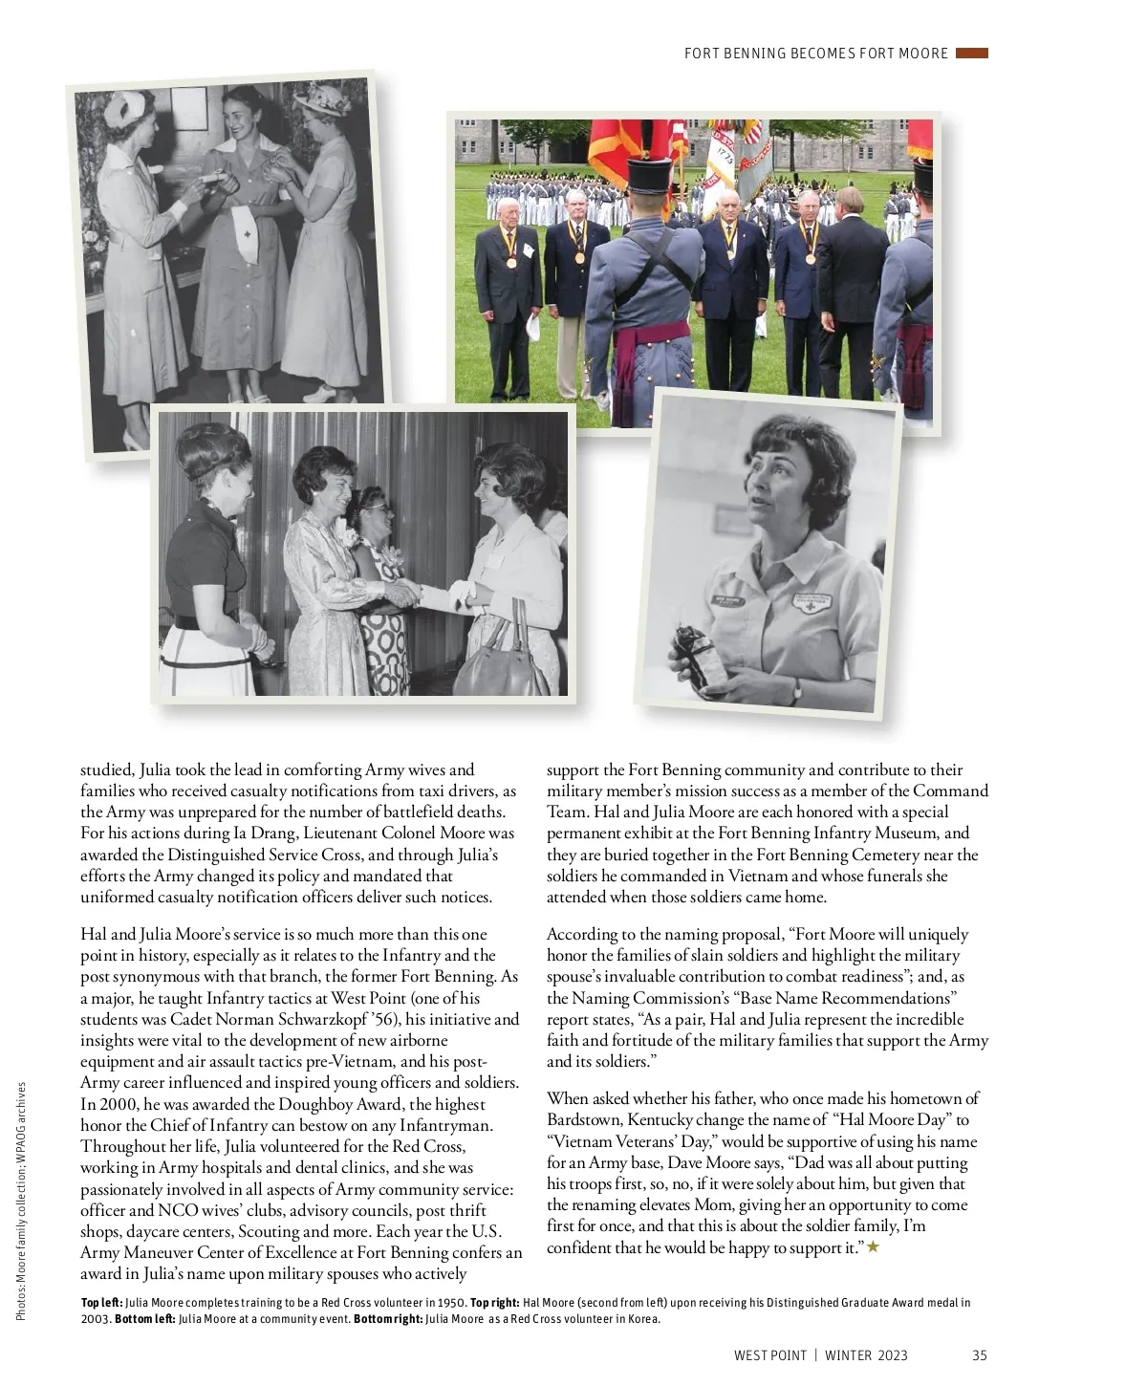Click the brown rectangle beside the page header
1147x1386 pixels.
[x=971, y=54]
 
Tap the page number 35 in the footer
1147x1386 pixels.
[x=979, y=1355]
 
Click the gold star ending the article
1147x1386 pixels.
[x=872, y=1247]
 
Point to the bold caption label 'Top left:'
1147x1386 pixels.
[x=101, y=1303]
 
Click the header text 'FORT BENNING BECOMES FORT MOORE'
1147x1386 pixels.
[x=816, y=54]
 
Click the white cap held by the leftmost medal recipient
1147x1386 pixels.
[x=532, y=327]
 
